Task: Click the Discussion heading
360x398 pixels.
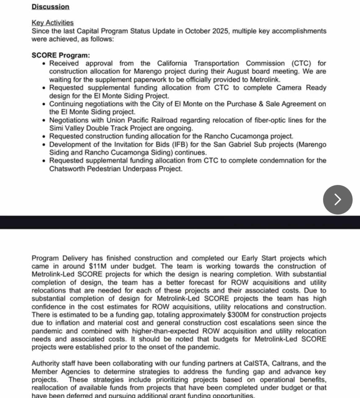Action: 50,7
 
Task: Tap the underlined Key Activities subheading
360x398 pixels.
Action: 53,23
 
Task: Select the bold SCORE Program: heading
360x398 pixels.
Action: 61,55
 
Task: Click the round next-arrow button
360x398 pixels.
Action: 338,199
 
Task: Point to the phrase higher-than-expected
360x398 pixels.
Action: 165,331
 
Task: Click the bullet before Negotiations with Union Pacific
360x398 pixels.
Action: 44,120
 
